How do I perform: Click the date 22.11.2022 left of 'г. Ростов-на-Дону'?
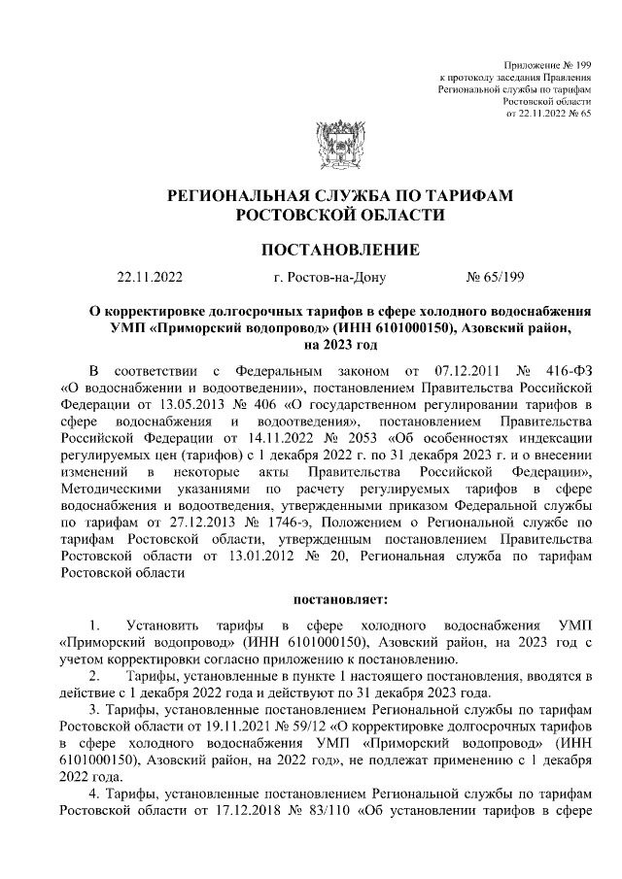click(149, 278)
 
